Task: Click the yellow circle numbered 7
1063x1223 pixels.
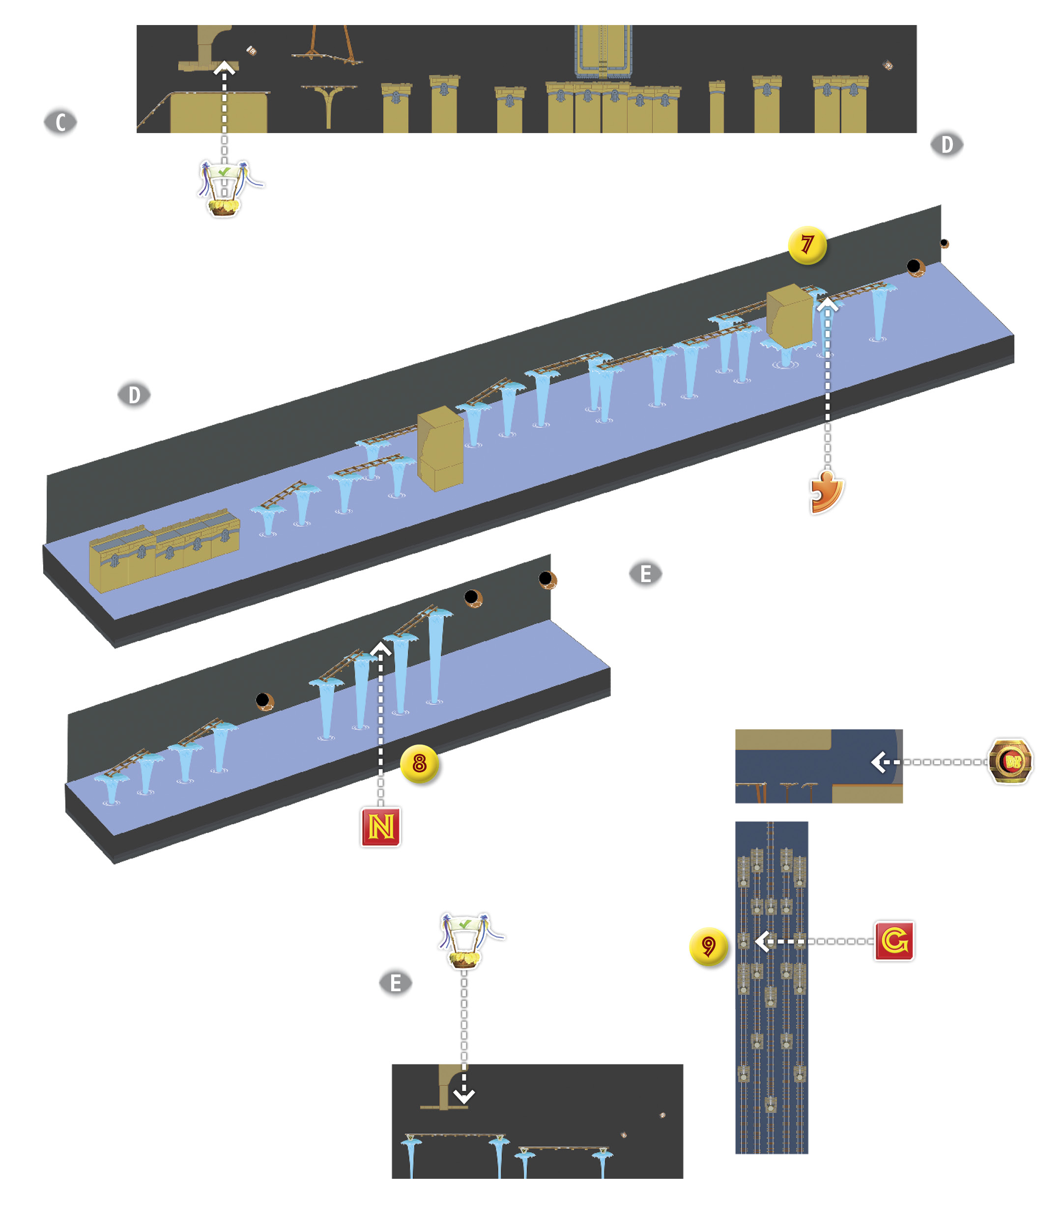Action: click(807, 245)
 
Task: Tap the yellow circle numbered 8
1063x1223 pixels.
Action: click(419, 764)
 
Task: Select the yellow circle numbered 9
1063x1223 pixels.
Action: click(708, 946)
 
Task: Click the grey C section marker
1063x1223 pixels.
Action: click(60, 122)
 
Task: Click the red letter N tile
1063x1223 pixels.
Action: click(381, 827)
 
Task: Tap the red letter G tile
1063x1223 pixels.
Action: click(894, 941)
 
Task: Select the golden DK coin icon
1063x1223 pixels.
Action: click(1011, 761)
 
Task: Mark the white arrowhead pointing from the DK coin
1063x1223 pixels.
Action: click(879, 762)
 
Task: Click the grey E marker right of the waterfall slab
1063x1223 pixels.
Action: click(645, 574)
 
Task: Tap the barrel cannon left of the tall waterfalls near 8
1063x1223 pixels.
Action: click(264, 702)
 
